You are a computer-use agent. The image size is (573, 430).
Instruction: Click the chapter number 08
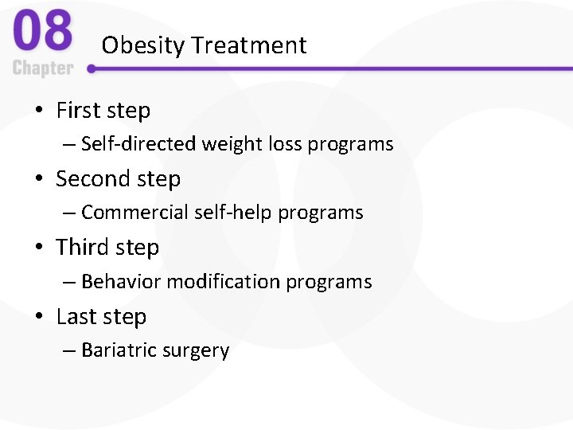coord(42,32)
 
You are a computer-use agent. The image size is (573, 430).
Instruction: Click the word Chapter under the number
coord(43,68)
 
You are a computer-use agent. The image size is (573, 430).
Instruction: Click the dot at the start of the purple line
coord(92,69)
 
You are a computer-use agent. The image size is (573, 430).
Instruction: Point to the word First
coord(78,111)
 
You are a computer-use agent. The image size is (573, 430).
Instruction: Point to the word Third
coord(81,248)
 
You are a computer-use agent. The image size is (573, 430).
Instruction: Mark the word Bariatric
coord(118,350)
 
